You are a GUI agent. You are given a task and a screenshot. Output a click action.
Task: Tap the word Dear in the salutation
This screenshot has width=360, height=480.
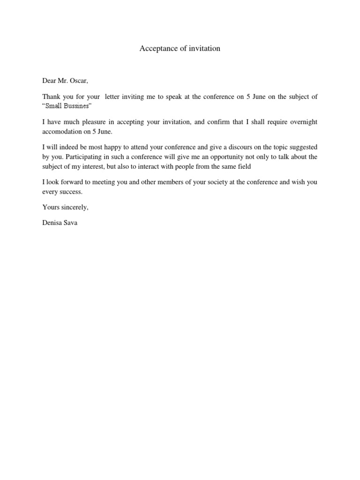(49, 81)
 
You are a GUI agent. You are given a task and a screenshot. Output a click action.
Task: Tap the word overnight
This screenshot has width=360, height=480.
(303, 122)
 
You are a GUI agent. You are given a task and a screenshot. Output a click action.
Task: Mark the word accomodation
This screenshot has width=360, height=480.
(62, 131)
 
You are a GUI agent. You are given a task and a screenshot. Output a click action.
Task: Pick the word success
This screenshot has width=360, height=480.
(70, 191)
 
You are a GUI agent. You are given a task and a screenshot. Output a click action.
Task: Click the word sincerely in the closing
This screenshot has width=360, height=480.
(74, 207)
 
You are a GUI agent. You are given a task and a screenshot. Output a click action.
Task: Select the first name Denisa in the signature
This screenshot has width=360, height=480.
(52, 223)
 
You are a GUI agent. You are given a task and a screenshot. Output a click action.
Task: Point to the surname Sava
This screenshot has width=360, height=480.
(71, 223)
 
